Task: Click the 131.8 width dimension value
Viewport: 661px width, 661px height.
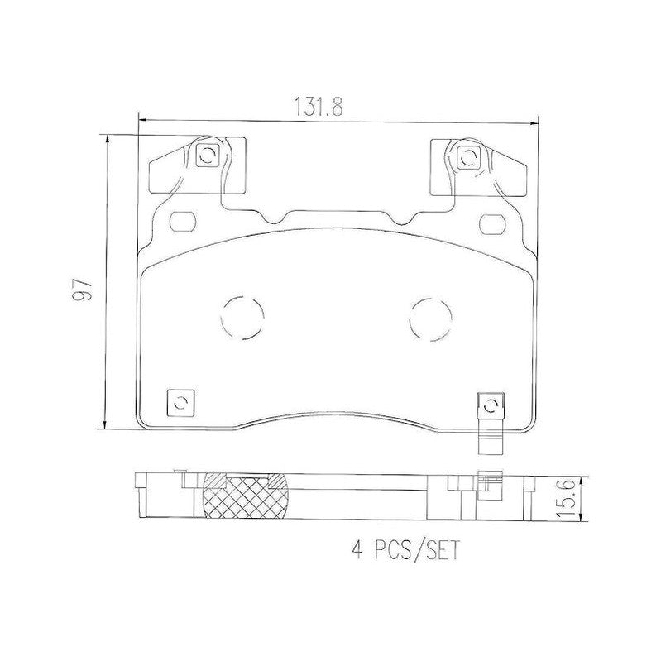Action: (313, 106)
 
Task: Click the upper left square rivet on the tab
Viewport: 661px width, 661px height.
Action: (208, 155)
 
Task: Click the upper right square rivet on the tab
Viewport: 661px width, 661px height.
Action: (467, 155)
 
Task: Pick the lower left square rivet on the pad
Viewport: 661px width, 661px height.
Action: (180, 402)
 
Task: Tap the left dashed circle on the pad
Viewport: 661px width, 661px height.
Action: (245, 316)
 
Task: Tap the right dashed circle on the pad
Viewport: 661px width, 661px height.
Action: (433, 318)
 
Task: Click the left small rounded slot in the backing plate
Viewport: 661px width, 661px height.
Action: (181, 222)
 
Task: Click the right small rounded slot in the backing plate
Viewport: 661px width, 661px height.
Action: (494, 222)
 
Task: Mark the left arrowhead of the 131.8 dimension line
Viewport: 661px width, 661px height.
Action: (141, 122)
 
